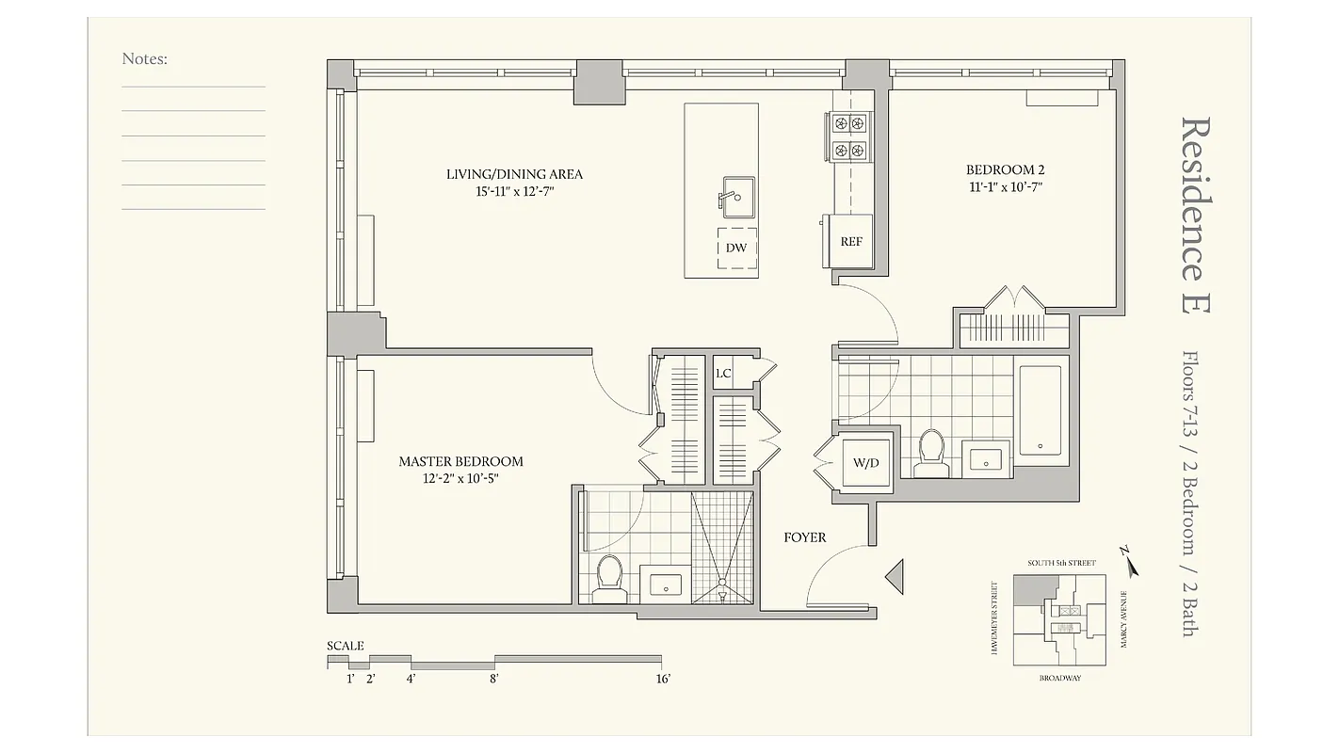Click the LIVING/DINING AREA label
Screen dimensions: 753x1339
pos(514,174)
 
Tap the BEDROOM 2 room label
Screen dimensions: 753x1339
pos(1005,170)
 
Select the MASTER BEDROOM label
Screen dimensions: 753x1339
pos(460,461)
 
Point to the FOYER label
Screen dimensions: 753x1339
pos(805,537)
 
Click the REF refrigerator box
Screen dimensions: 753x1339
pos(851,242)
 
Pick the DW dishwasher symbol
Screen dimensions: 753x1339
pos(736,248)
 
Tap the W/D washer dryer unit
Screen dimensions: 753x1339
pos(866,462)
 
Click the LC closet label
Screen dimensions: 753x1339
pos(723,374)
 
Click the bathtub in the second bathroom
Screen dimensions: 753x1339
pos(1040,410)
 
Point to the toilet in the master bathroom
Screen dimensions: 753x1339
pos(609,577)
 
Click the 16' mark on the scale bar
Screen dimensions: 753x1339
pos(663,679)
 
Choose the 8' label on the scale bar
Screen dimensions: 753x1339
pos(494,679)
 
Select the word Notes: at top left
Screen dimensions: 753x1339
pos(144,59)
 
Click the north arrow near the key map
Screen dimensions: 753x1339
pos(1130,563)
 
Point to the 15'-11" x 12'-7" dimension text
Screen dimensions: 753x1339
pos(514,192)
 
